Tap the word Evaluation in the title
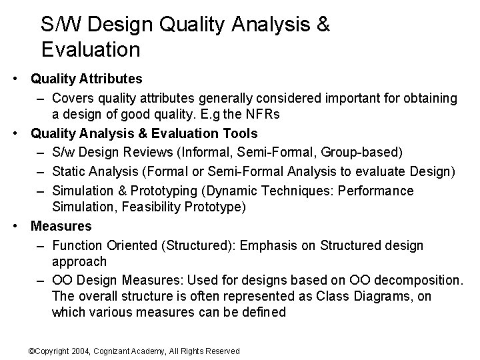(90, 49)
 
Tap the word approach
(79, 261)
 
